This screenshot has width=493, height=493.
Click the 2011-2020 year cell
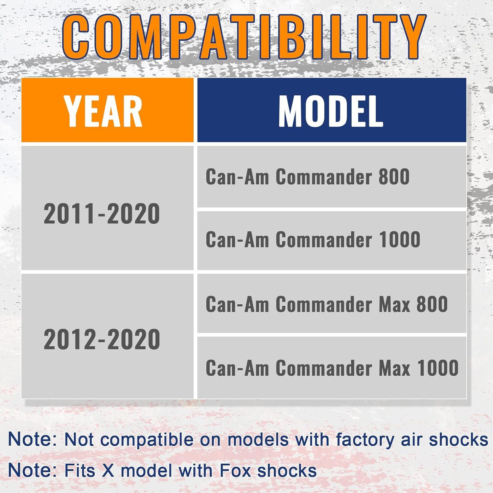[x=107, y=208]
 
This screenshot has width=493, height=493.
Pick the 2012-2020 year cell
[x=107, y=336]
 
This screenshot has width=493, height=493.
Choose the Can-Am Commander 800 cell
[x=332, y=176]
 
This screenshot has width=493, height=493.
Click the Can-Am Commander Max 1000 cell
[x=332, y=367]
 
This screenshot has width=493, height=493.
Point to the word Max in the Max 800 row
[x=395, y=304]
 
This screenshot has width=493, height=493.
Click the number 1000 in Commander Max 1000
[x=438, y=368]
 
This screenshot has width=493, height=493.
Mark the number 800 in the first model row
[x=394, y=176]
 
